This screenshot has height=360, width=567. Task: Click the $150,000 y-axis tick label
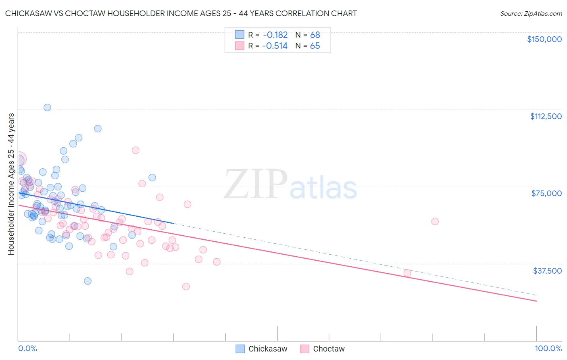click(544, 39)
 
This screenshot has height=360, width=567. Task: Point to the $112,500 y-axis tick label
click(546, 116)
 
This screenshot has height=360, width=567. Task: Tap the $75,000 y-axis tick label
click(546, 193)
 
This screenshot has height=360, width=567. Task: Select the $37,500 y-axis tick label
click(547, 271)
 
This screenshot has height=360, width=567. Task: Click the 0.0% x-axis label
click(27, 348)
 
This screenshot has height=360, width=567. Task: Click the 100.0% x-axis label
click(548, 348)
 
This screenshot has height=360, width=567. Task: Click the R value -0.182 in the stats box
click(275, 35)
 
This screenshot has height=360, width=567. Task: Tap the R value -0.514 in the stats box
click(275, 46)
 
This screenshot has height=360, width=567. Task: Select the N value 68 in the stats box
click(315, 35)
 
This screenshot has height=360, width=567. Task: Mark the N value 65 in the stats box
click(315, 46)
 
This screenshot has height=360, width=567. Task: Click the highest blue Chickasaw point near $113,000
click(47, 107)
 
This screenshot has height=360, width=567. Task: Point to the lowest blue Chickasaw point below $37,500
click(88, 281)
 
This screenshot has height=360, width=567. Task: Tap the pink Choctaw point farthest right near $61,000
click(435, 221)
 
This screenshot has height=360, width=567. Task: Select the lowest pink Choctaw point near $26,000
click(186, 287)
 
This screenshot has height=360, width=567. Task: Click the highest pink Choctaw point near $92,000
click(135, 150)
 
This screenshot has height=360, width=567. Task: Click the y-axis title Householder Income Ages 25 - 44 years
click(11, 184)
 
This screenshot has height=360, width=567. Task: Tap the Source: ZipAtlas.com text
click(531, 14)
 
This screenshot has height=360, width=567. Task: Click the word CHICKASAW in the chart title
click(28, 14)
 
